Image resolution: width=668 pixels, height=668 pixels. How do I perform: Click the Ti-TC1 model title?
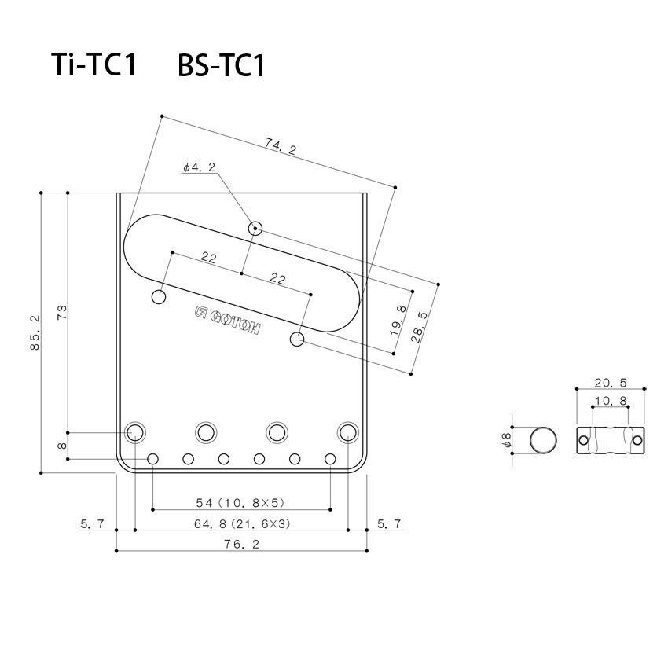(x=94, y=65)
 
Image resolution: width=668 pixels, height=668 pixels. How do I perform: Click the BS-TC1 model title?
(x=221, y=65)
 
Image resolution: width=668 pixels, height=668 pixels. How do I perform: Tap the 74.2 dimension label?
(x=280, y=146)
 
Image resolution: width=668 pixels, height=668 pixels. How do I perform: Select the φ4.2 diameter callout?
(x=198, y=167)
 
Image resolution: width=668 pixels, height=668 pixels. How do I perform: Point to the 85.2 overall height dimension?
(x=35, y=333)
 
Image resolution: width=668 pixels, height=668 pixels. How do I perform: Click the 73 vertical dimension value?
(x=62, y=311)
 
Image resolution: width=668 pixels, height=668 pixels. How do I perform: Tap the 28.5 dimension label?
(x=420, y=322)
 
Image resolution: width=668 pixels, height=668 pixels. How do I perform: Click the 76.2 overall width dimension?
(x=241, y=543)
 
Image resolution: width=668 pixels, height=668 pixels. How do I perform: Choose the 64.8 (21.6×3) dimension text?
(x=241, y=523)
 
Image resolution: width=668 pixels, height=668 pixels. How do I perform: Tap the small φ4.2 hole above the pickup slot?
(x=255, y=229)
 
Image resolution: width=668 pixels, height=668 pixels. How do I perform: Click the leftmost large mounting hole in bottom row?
(x=135, y=432)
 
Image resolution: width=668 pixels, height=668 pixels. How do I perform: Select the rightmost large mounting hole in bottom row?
(x=347, y=432)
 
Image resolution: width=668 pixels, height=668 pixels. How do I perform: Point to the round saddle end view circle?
(x=541, y=441)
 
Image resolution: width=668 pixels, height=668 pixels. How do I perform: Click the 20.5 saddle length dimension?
(x=610, y=383)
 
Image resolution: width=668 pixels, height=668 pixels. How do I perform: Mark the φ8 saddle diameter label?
(x=507, y=441)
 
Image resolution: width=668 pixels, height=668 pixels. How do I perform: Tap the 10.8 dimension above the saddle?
(x=610, y=401)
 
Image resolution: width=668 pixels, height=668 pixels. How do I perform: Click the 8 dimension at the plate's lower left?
(x=62, y=446)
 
